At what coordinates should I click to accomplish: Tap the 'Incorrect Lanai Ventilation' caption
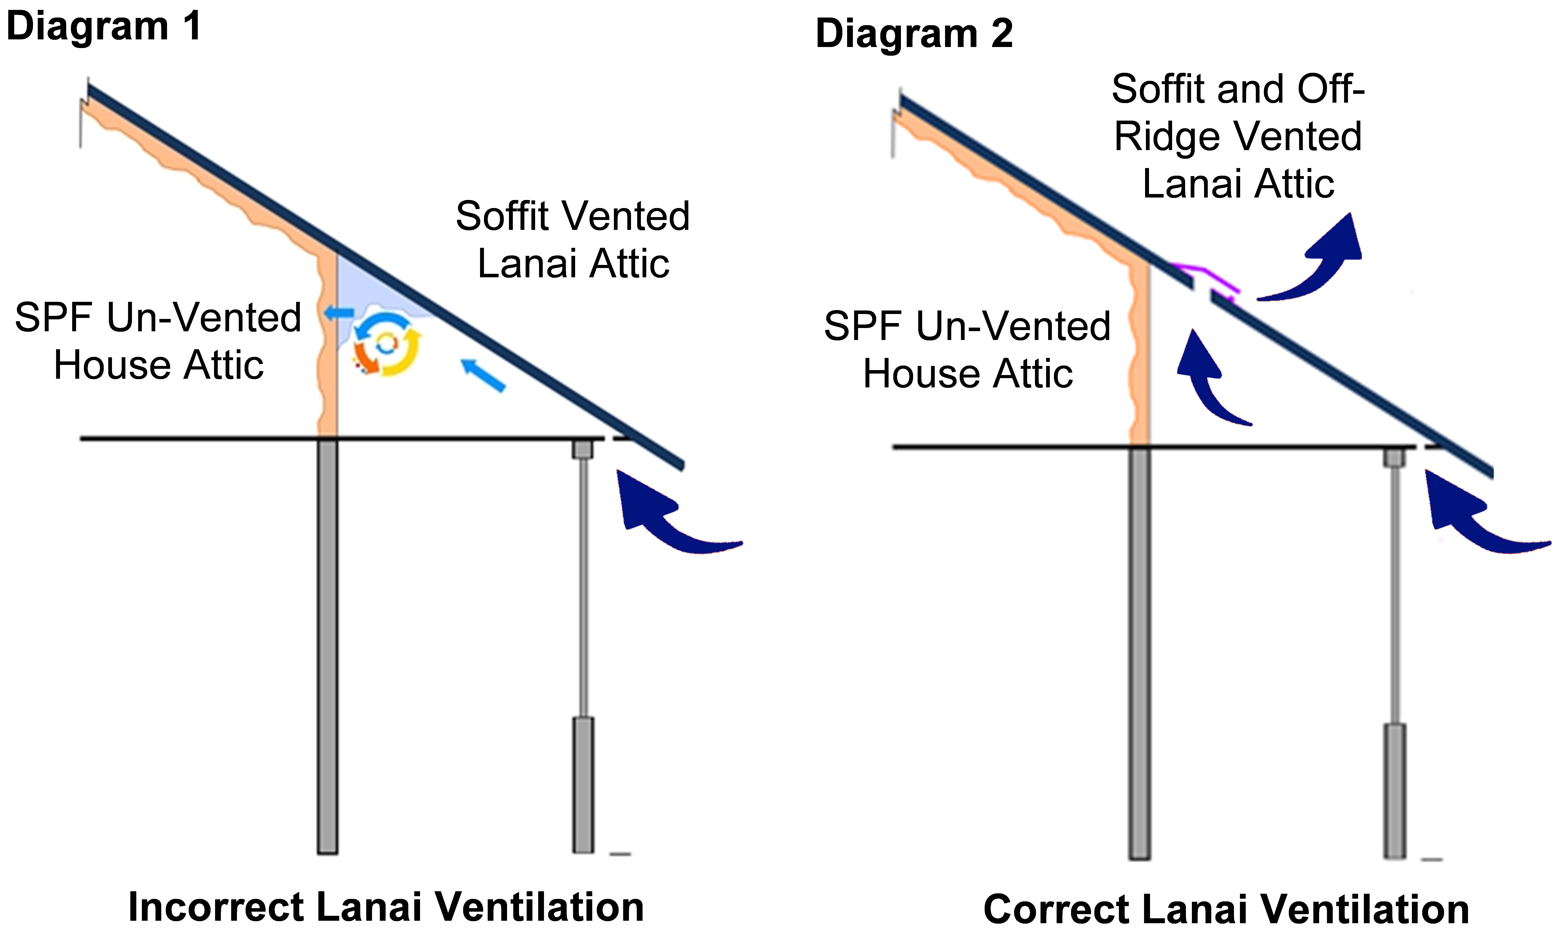pos(386,907)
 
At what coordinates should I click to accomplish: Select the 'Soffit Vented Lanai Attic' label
pos(573,240)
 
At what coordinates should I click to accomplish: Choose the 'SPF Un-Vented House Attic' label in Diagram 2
pos(968,350)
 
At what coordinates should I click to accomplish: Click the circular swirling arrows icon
pos(386,344)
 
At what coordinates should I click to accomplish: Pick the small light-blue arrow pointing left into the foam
pos(339,312)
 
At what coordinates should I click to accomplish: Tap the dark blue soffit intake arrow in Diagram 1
pos(669,517)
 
